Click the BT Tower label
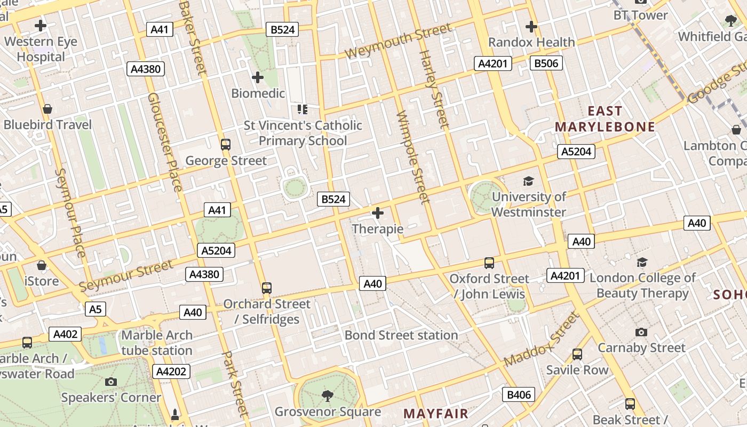coord(640,15)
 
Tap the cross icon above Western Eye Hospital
coord(41,25)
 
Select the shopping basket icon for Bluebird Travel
coord(47,109)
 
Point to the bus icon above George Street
coord(226,144)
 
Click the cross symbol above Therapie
coord(378,213)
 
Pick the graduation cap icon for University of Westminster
coord(528,181)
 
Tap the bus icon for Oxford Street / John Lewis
coord(489,263)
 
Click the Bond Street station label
coord(401,335)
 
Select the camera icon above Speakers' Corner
coord(111,382)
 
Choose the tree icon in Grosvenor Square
coord(327,396)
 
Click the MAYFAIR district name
coord(435,414)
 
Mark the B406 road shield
coord(519,395)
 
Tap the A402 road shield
coord(65,334)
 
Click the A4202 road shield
coord(171,371)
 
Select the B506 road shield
coord(546,64)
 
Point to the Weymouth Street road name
coord(398,42)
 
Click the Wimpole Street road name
coord(413,157)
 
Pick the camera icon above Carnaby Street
coord(641,332)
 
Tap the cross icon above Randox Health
coord(531,26)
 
